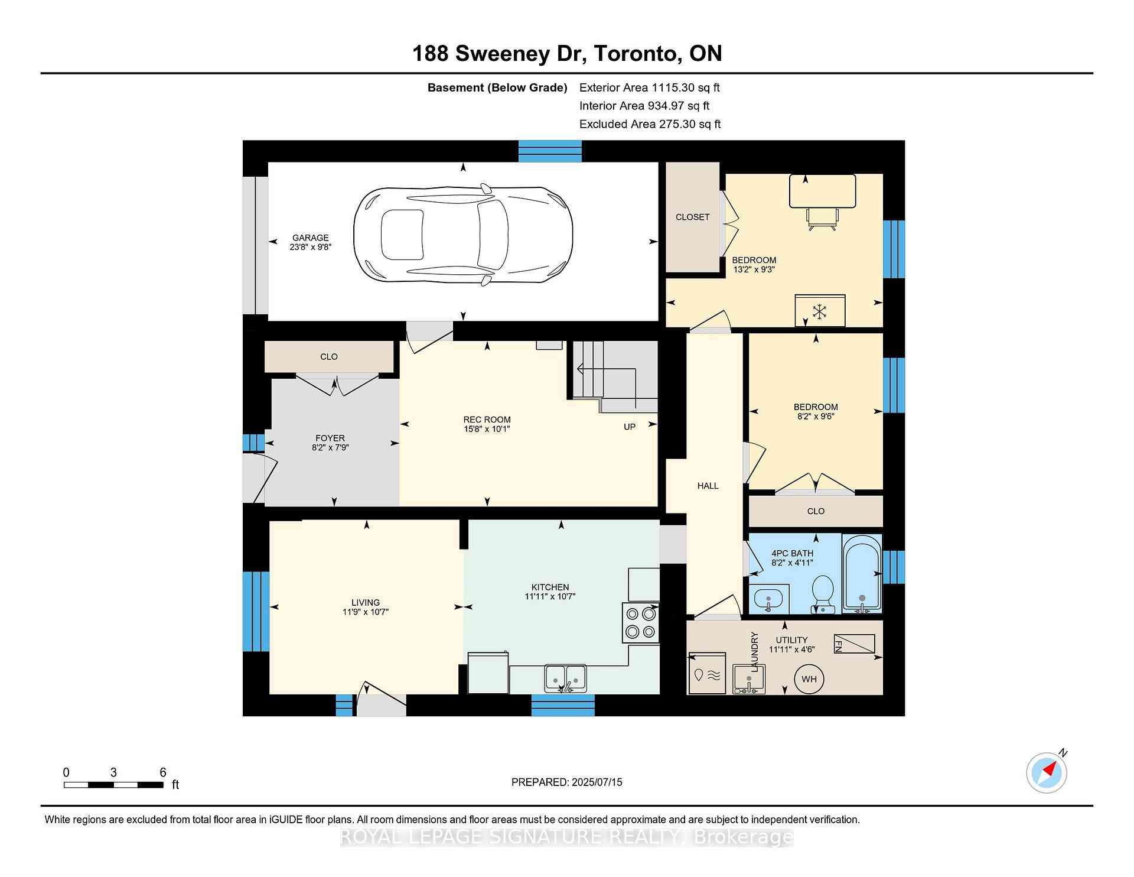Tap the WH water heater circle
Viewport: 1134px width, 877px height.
pyautogui.click(x=809, y=679)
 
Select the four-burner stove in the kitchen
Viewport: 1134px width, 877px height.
pyautogui.click(x=640, y=623)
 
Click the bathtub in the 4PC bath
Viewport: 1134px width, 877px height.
pyautogui.click(x=862, y=573)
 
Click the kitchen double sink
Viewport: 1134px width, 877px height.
pyautogui.click(x=565, y=678)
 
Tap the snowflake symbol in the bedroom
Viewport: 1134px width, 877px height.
pyautogui.click(x=819, y=311)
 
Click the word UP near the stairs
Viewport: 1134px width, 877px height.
pyautogui.click(x=630, y=427)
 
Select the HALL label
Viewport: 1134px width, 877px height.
pyautogui.click(x=708, y=486)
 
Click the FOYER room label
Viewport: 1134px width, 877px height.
pyautogui.click(x=330, y=438)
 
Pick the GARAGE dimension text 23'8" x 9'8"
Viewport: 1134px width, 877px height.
pyautogui.click(x=311, y=247)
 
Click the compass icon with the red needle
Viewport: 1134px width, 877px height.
pyautogui.click(x=1047, y=772)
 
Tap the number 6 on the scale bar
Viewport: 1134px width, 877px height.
pyautogui.click(x=163, y=772)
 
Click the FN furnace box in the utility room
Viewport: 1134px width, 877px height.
pyautogui.click(x=854, y=644)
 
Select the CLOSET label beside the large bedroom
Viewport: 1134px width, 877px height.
pyautogui.click(x=692, y=217)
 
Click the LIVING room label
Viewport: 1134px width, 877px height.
pyautogui.click(x=366, y=603)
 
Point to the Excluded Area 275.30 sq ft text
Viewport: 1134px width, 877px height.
pyautogui.click(x=650, y=124)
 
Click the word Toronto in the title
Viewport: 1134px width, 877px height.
pyautogui.click(x=636, y=54)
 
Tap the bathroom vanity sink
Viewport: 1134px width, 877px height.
pyautogui.click(x=768, y=600)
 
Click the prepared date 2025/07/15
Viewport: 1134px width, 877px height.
pyautogui.click(x=597, y=782)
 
